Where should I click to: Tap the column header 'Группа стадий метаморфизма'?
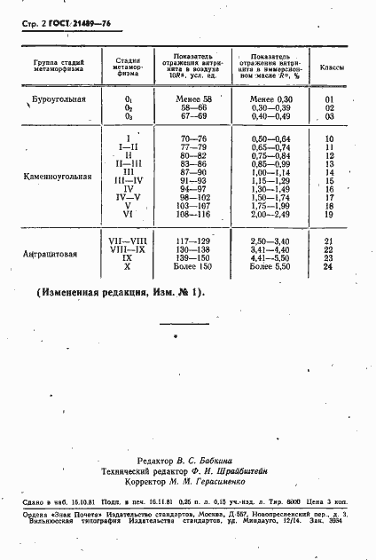54,67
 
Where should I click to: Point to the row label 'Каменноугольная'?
58,176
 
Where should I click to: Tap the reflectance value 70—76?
192,139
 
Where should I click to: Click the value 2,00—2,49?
271,214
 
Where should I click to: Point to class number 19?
329,214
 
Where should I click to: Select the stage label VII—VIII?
128,241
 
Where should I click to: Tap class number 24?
329,266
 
